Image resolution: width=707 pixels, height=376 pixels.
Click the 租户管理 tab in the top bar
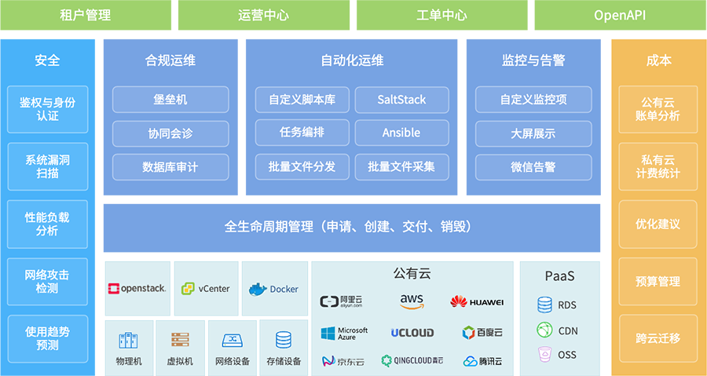pos(85,15)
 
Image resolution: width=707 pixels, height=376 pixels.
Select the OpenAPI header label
pos(620,15)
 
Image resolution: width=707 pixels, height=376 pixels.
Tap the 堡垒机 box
pos(170,100)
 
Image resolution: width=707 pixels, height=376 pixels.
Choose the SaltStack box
pos(401,100)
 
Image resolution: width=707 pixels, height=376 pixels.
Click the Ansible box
pos(401,133)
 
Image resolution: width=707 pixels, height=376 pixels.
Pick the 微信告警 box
pos(533,166)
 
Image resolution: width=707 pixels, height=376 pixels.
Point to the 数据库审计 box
pos(170,166)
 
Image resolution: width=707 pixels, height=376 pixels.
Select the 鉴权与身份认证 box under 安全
pos(47,109)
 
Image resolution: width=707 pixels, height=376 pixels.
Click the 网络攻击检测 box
pos(47,281)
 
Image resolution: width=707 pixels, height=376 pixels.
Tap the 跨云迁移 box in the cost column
pos(658,338)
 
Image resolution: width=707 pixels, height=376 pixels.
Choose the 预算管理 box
pos(658,281)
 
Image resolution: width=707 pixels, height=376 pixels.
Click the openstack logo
pos(137,289)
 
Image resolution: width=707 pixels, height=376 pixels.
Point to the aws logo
pos(412,301)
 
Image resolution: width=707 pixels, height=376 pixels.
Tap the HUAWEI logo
pos(477,301)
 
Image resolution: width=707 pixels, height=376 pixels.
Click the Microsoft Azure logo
pos(344,333)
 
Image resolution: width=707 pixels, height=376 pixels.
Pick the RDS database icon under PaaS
pos(544,305)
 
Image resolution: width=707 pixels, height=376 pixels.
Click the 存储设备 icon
pos(284,340)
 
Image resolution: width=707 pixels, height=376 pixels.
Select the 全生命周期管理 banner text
pos(348,227)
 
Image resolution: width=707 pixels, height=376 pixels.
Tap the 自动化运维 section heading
pos(352,60)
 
